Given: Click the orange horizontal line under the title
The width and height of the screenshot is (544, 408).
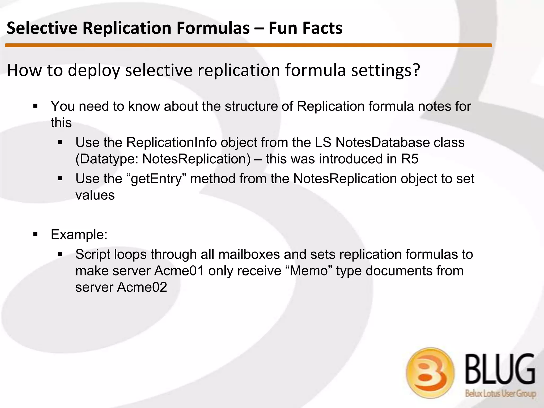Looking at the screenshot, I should pyautogui.click(x=248, y=45).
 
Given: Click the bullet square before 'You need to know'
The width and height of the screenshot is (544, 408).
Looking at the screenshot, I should pyautogui.click(x=35, y=107).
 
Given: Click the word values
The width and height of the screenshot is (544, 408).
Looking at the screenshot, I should pyautogui.click(x=95, y=195).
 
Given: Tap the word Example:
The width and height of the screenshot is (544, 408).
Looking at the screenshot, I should pyautogui.click(x=79, y=235).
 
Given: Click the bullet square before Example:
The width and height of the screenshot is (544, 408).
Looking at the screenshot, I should pyautogui.click(x=35, y=235).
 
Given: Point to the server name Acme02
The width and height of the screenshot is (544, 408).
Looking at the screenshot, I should pyautogui.click(x=142, y=287).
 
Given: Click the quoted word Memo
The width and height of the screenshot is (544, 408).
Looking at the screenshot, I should pyautogui.click(x=311, y=271).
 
